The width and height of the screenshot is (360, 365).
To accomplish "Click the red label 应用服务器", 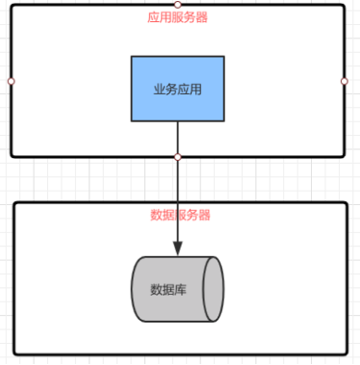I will [x=178, y=16].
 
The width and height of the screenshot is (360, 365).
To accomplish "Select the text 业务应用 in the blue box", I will [x=177, y=89].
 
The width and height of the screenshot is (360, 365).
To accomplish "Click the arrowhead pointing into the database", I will [x=178, y=248].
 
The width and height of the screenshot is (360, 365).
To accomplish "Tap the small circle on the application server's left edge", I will [x=11, y=81].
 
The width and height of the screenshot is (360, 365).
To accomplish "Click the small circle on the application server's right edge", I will [x=345, y=81].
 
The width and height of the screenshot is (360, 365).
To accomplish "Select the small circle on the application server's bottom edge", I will [x=178, y=156].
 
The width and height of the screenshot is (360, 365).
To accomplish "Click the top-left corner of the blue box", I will [x=132, y=57].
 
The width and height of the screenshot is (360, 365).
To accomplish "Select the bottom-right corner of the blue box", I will [x=223, y=120].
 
